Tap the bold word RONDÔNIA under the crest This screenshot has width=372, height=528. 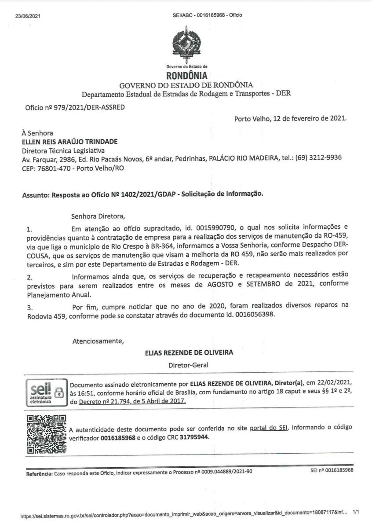pyautogui.click(x=186, y=76)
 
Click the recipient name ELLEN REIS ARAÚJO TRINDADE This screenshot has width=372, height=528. pyautogui.click(x=70, y=141)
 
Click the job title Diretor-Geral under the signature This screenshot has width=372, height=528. pyautogui.click(x=188, y=365)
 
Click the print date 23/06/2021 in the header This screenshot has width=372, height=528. pyautogui.click(x=27, y=15)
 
